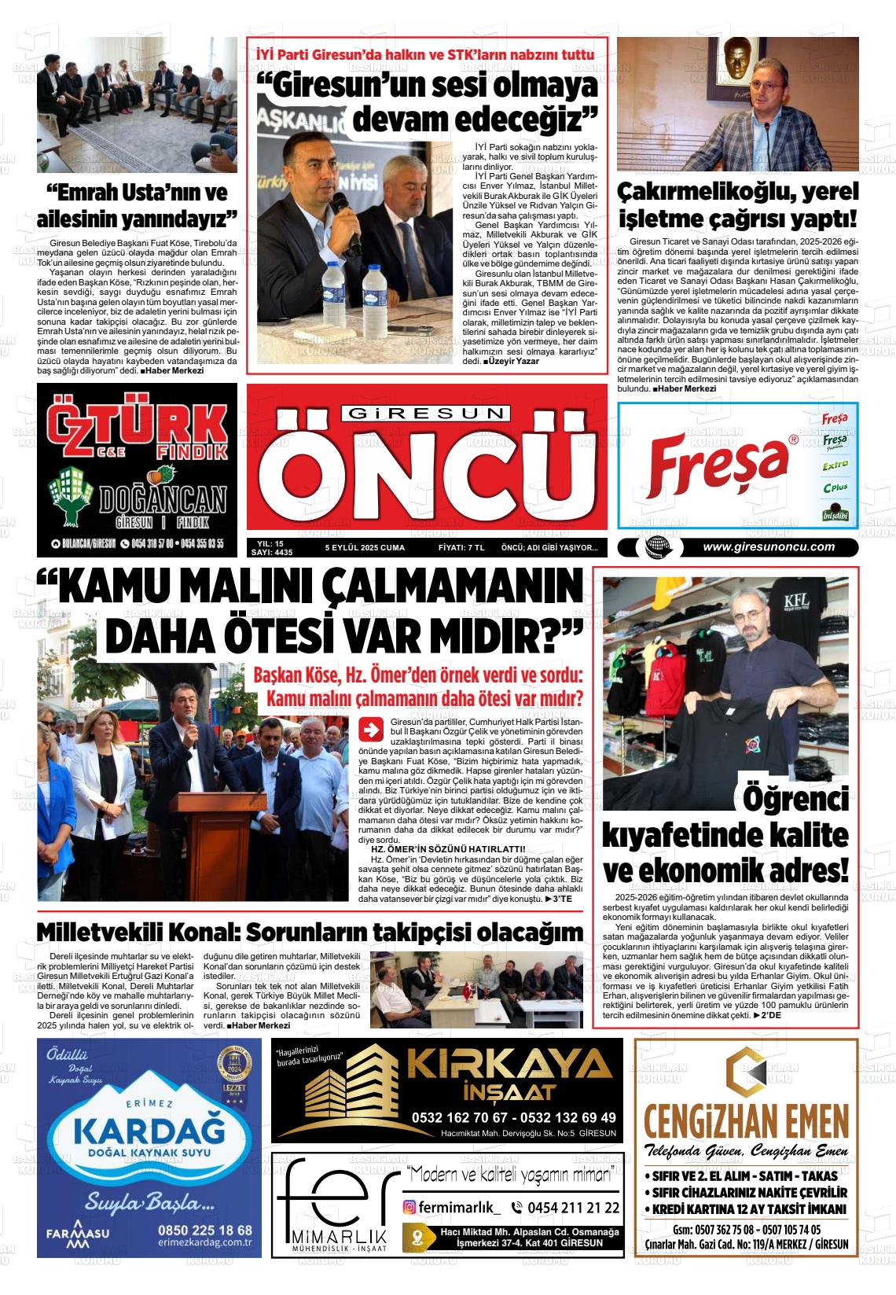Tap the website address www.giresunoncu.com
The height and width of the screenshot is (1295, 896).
pos(768,548)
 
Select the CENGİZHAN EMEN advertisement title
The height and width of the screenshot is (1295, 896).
pos(745,1119)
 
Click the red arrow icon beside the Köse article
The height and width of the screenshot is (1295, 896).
pos(369,729)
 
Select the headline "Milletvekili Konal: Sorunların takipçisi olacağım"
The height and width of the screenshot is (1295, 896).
pos(310,933)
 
